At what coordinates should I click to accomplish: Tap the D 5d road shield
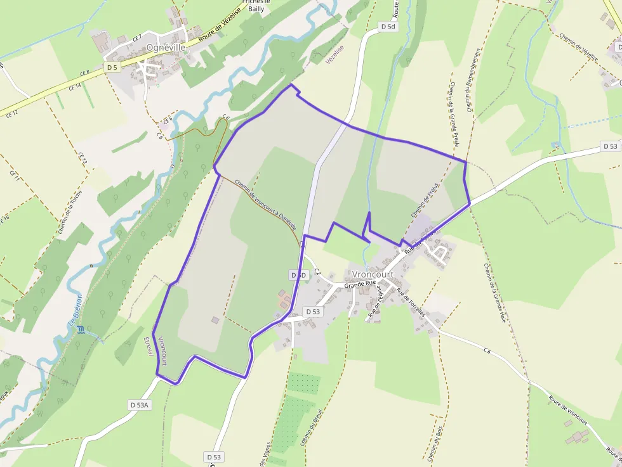(388, 27)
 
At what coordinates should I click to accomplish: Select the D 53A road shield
(139, 404)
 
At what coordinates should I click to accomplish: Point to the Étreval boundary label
(149, 345)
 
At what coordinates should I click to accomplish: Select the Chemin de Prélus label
(425, 202)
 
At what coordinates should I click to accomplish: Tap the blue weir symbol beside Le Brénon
(80, 329)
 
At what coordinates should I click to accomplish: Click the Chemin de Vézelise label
(579, 47)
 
